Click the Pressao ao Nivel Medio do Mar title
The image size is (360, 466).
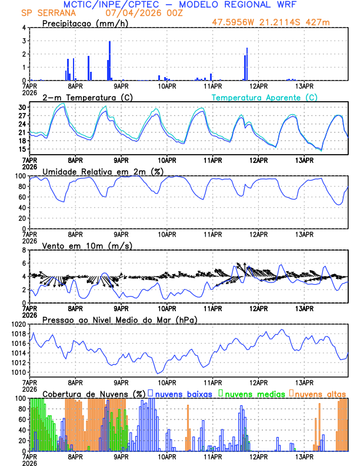pos(119,319)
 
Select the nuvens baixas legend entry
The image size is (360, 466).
pos(184,394)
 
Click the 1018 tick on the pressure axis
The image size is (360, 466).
pos(18,334)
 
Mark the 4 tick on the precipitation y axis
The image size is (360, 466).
pos(24,28)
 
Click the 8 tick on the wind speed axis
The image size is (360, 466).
pos(24,250)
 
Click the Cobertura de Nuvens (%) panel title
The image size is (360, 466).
pos(94,394)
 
